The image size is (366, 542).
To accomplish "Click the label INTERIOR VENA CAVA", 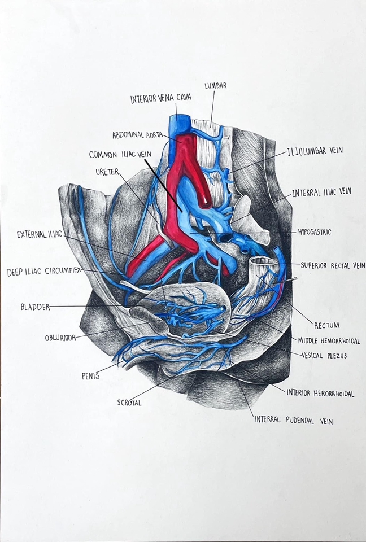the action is [x=160, y=98].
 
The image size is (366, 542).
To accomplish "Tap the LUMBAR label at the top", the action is [x=215, y=86].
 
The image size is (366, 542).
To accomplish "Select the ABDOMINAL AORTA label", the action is [x=137, y=135].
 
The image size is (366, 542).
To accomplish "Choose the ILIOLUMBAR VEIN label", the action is [x=315, y=151].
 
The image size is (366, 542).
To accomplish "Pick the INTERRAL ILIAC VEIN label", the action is [x=321, y=193].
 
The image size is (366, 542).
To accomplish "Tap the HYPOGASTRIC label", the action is [x=314, y=232].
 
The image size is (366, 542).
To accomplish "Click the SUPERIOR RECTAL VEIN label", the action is [x=333, y=264].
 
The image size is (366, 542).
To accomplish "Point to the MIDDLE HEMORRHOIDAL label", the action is [x=332, y=340].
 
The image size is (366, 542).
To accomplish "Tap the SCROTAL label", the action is [x=129, y=403].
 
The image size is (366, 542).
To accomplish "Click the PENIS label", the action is [x=90, y=375].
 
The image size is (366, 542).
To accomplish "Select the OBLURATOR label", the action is [x=60, y=338].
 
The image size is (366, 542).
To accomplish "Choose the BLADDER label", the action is [x=35, y=307].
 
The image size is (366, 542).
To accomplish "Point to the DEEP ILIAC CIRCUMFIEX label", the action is [x=43, y=272].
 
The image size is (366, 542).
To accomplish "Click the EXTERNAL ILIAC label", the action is [x=40, y=234].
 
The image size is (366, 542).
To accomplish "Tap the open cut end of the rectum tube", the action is [x=265, y=261].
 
